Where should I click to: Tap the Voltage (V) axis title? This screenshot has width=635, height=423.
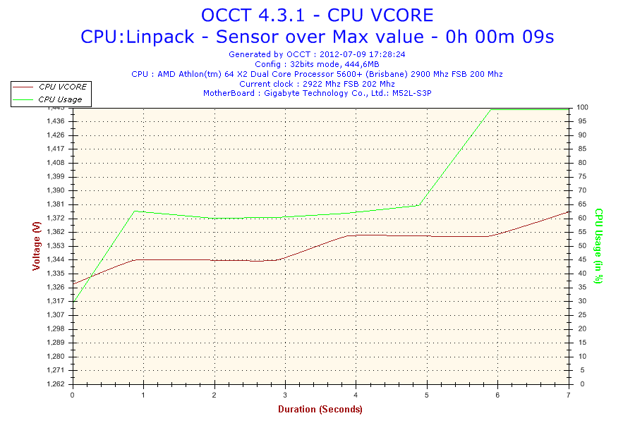tap(37, 246)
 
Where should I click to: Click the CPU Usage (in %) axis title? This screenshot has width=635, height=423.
tap(598, 246)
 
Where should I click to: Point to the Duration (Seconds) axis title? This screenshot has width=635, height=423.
tap(320, 409)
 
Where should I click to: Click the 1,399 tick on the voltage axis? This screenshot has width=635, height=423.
tap(56, 176)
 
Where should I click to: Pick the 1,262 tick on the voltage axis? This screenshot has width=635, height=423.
tap(56, 384)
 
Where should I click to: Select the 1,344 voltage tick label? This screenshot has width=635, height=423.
tap(56, 259)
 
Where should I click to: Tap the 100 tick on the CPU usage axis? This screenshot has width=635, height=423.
tap(582, 107)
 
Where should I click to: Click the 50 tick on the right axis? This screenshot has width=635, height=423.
tap(582, 246)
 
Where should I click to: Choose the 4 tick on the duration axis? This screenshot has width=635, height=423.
tap(356, 395)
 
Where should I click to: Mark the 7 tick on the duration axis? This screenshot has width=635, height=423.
tap(569, 395)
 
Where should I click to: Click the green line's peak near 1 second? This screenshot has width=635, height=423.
tap(135, 211)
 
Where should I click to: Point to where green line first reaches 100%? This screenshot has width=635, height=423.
tap(491, 109)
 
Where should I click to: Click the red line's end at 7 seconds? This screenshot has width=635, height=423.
tap(569, 211)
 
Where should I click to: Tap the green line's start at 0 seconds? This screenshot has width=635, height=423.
tap(73, 302)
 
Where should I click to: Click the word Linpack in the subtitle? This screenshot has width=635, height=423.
tap(160, 37)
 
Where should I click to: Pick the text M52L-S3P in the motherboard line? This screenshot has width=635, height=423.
tap(412, 93)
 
